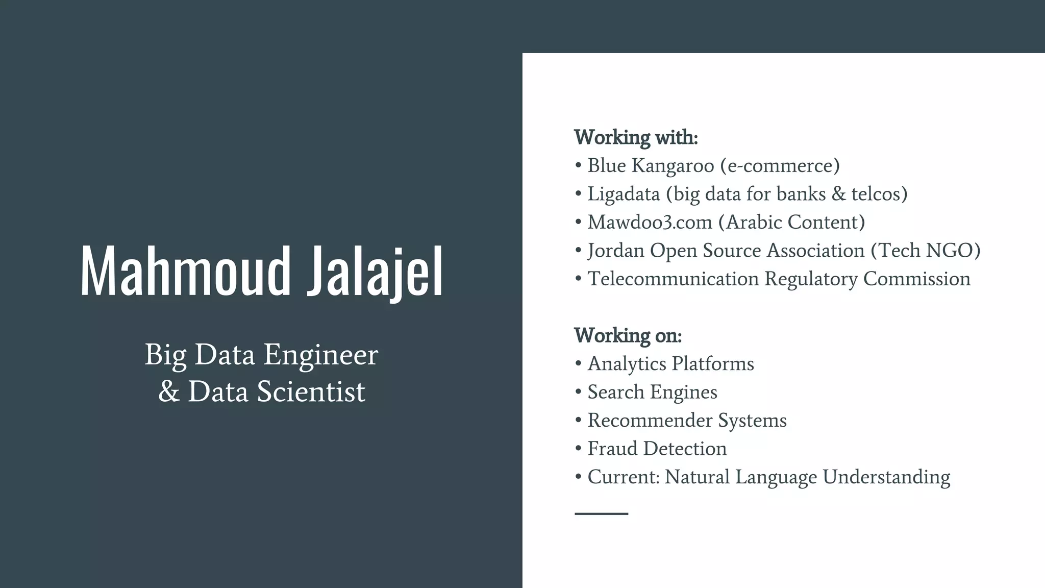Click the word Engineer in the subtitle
[320, 355]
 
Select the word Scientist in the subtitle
[311, 392]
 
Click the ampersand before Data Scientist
[169, 392]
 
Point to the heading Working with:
[635, 137]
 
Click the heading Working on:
[628, 335]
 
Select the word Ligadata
[624, 194]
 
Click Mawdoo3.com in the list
[650, 223]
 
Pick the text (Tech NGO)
[926, 251]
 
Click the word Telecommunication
[673, 279]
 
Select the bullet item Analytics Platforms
[670, 364]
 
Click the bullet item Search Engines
[652, 392]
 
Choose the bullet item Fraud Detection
[657, 449]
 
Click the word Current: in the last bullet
[624, 477]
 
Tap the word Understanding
[886, 477]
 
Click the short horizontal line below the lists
[601, 513]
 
